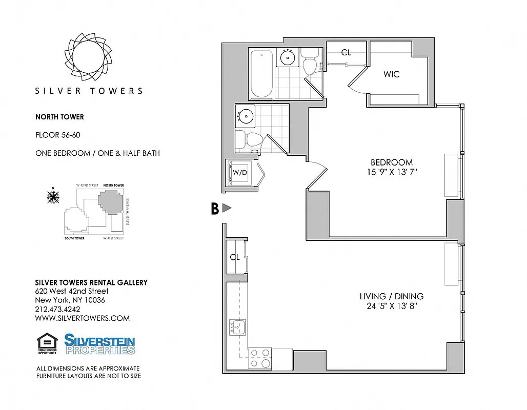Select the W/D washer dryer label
point(240,172)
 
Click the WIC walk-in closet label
point(391,74)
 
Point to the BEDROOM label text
point(392,162)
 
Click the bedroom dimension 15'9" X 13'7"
point(392,172)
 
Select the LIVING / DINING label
point(392,296)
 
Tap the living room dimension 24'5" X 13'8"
point(392,306)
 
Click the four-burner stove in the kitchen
point(260,358)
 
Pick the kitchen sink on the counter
point(237,326)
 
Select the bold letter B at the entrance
point(215,208)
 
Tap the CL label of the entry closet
point(235,257)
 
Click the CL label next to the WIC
point(346,52)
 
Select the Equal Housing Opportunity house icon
point(46,343)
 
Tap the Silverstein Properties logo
point(99,344)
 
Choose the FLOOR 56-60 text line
point(57,135)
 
